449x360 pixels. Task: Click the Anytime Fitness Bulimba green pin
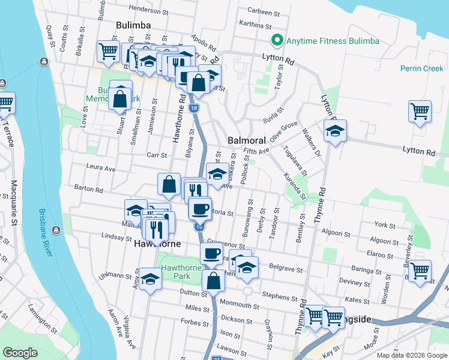(277, 41)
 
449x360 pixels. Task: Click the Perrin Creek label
(422, 68)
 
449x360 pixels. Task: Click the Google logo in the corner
(20, 352)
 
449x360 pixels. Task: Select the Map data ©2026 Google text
(411, 355)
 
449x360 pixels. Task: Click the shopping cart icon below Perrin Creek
(420, 111)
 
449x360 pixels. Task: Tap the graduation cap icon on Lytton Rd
(335, 132)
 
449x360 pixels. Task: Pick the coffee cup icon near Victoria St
(200, 209)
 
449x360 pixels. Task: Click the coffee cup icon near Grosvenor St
(211, 253)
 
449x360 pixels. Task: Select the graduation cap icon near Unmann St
(150, 280)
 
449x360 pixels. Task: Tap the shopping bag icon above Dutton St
(213, 280)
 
